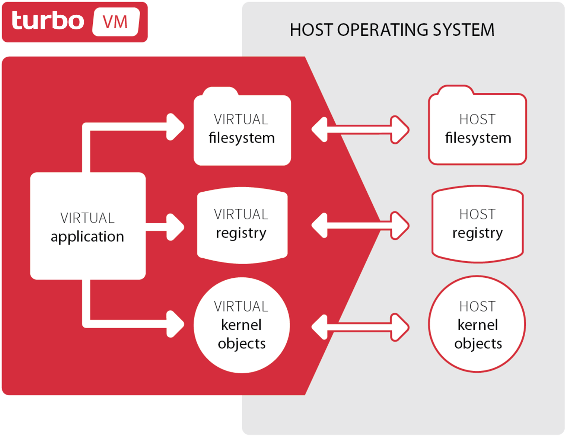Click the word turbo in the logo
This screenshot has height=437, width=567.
48,21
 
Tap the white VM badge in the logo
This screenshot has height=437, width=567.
116,22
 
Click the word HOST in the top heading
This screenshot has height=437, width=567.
311,30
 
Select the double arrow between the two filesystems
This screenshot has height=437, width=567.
360,130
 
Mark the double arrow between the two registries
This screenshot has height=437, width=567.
360,226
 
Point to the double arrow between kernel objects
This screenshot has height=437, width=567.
360,327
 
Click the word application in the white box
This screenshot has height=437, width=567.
87,237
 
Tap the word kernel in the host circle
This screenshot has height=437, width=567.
478,325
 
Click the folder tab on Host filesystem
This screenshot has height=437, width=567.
455,90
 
